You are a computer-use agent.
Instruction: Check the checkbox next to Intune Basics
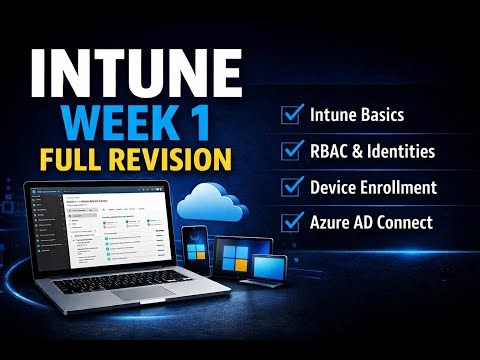point(293,115)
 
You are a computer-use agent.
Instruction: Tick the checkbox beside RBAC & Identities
point(293,151)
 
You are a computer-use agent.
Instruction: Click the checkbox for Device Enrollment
point(293,186)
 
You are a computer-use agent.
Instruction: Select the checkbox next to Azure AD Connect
point(293,222)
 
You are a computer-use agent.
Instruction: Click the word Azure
point(333,222)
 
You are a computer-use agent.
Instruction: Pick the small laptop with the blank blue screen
point(271,267)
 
